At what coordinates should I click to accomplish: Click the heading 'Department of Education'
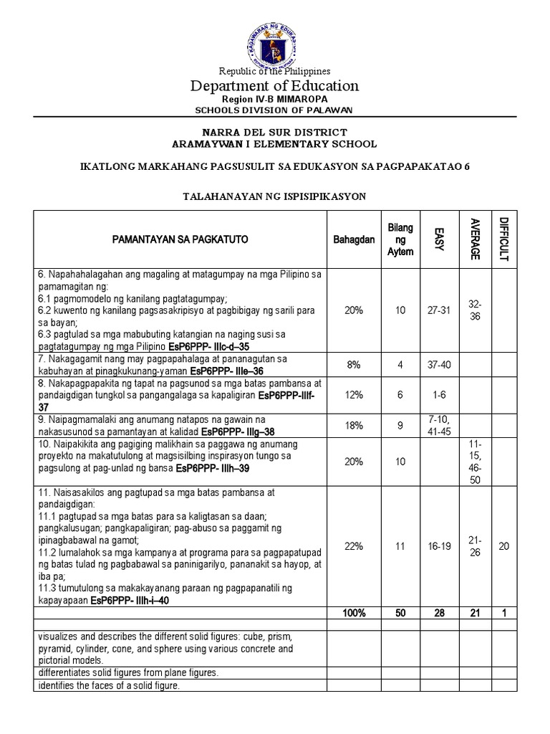[274, 86]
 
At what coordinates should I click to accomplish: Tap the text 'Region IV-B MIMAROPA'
[274, 99]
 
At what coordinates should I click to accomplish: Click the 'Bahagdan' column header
[353, 239]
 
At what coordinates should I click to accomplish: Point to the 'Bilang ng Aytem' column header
[400, 239]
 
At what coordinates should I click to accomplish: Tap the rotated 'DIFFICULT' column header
[503, 239]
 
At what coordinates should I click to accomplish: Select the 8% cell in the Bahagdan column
[353, 364]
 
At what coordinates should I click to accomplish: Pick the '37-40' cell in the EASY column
[439, 364]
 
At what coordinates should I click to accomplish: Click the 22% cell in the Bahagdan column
[353, 546]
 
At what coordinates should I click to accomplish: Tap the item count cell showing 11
[400, 546]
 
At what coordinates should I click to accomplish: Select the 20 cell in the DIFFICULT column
[503, 546]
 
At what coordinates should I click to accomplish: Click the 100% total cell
[353, 614]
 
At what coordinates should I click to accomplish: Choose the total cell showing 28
[439, 614]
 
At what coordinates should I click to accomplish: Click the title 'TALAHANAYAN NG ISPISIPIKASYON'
[274, 196]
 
